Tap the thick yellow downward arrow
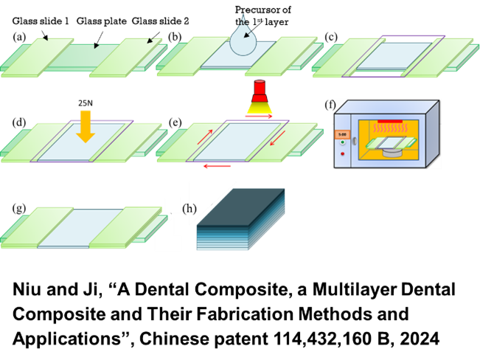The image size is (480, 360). click(x=86, y=125)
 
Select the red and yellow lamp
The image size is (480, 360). click(x=260, y=99)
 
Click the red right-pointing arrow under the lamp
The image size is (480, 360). click(x=260, y=117)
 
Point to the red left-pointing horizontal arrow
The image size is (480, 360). click(x=217, y=167)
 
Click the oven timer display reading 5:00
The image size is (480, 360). click(x=342, y=134)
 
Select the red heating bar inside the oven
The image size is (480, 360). click(x=390, y=120)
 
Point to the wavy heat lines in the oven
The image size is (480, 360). click(x=390, y=128)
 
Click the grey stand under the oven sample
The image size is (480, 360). click(x=392, y=153)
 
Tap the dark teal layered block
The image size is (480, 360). click(x=240, y=219)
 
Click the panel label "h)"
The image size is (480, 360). click(x=189, y=209)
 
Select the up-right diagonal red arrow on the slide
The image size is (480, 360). click(x=205, y=136)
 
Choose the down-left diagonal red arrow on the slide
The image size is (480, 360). click(x=277, y=137)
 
